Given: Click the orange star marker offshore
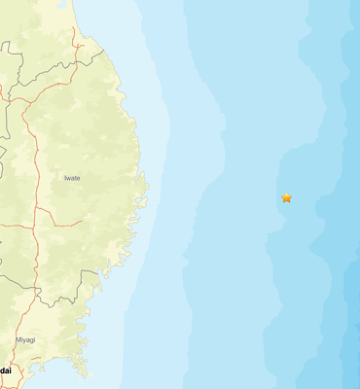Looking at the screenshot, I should [286, 197].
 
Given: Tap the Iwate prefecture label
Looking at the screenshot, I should [72, 178].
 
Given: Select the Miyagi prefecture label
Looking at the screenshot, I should [25, 339].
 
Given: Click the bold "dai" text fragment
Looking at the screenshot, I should [6, 371].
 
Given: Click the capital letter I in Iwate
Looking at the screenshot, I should [65, 178].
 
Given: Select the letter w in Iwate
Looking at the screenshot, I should [69, 178].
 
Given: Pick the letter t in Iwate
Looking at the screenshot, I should [77, 178].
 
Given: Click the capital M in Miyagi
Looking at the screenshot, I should [18, 339].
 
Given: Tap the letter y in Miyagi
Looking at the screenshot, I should [24, 340].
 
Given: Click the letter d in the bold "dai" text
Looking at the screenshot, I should [3, 371].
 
